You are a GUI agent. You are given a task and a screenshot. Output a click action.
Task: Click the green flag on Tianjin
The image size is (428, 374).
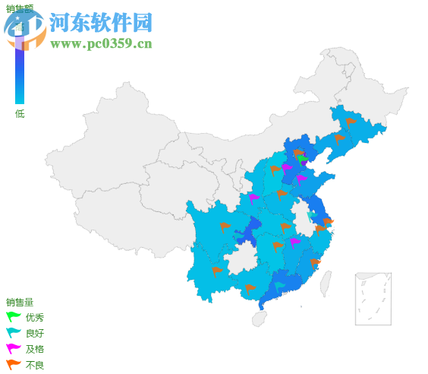point(304,160)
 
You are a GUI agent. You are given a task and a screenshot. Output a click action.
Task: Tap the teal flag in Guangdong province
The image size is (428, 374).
point(280,286)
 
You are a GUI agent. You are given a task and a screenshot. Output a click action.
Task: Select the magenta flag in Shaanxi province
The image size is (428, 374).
point(253,198)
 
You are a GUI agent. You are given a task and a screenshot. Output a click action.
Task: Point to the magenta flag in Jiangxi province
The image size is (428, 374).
point(294,242)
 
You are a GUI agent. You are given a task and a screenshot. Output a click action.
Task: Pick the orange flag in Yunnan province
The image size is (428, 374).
point(217,271)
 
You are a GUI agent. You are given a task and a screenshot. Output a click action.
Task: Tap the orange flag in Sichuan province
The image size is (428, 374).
point(225,227)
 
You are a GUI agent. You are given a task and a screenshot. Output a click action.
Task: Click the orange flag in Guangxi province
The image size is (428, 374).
point(250,288)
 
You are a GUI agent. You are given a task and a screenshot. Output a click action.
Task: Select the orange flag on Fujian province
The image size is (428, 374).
point(315,263)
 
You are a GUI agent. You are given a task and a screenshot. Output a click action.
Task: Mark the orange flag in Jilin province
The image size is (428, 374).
point(350,121)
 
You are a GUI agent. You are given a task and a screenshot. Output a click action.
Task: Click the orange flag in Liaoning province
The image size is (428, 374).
point(339,138)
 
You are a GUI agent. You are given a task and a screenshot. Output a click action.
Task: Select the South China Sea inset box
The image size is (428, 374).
point(373,299)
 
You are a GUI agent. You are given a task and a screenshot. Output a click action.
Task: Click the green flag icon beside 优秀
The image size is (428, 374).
point(13,317)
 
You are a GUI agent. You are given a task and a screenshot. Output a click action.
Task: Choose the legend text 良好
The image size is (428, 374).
point(35,333)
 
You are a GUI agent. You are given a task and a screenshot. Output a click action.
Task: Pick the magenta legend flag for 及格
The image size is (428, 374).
point(13,349)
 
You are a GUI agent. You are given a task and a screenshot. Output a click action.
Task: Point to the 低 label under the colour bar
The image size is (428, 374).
point(20,114)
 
